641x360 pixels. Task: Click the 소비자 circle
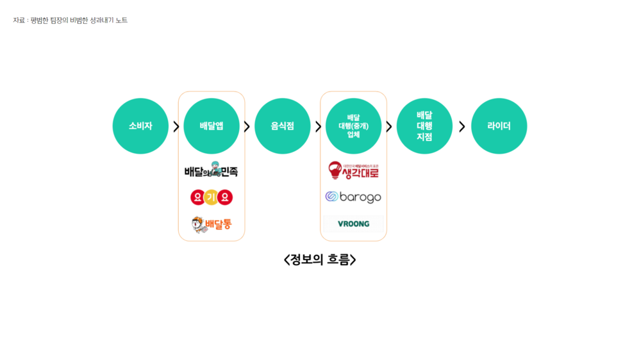click(x=140, y=126)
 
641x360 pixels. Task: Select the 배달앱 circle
click(x=212, y=126)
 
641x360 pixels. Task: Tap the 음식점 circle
click(x=283, y=126)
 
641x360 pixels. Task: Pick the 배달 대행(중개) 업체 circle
click(x=354, y=126)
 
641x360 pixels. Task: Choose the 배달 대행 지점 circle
click(x=424, y=126)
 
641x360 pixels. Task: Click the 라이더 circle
click(x=499, y=126)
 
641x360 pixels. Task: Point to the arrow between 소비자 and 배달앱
click(x=176, y=126)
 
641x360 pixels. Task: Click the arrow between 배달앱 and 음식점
click(x=247, y=126)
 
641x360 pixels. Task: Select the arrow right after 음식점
click(x=318, y=126)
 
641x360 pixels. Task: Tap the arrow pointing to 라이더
click(x=462, y=126)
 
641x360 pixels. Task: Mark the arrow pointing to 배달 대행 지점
click(x=388, y=126)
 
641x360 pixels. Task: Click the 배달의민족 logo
click(x=211, y=170)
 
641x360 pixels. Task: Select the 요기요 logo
click(x=212, y=197)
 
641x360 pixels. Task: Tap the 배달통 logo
click(x=212, y=225)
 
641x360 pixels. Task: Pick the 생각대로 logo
click(x=353, y=170)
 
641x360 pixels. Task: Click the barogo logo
click(x=353, y=197)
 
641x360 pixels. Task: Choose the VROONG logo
click(x=353, y=224)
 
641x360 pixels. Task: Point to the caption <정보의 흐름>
click(x=320, y=259)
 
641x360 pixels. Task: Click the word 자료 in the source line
click(x=19, y=20)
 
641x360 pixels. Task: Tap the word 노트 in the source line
click(x=121, y=20)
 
